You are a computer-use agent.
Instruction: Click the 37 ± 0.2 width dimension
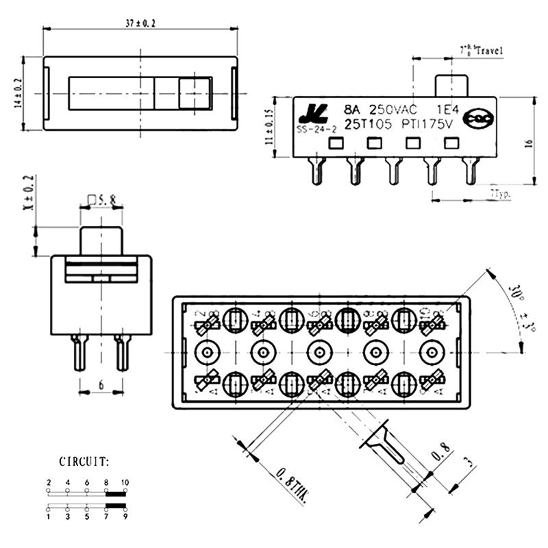[x=140, y=23]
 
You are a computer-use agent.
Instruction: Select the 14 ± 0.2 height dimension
[x=19, y=92]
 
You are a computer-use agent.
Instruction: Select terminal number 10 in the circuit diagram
[x=125, y=483]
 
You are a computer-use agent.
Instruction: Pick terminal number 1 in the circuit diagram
[x=49, y=519]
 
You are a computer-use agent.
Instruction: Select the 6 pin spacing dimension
[x=101, y=386]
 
